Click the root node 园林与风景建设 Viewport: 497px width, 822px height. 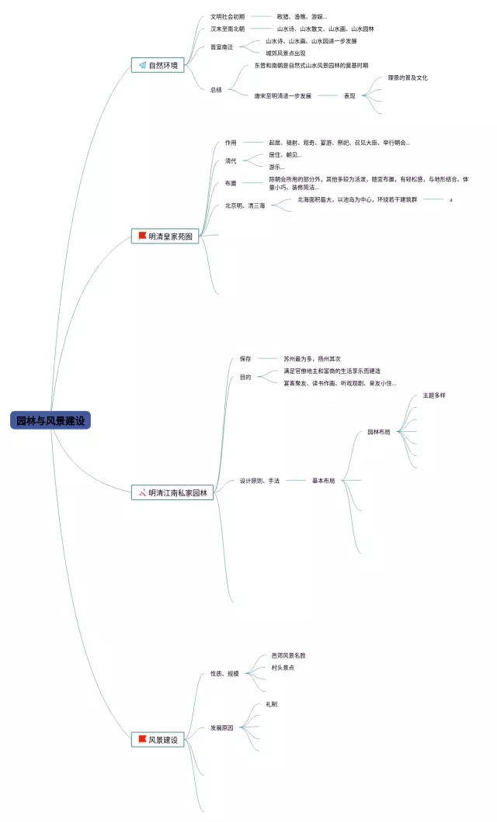click(x=50, y=420)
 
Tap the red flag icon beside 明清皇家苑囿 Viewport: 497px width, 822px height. click(x=142, y=236)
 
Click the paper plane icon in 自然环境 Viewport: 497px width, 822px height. click(x=142, y=66)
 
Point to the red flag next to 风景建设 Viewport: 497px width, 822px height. click(x=142, y=740)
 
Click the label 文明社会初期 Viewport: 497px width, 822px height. click(x=228, y=16)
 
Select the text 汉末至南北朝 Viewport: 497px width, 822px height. click(x=228, y=29)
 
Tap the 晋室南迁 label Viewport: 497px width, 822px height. click(x=221, y=47)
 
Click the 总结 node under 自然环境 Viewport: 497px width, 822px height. click(x=216, y=90)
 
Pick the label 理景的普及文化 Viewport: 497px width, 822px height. click(x=408, y=78)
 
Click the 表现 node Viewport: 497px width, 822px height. click(x=349, y=96)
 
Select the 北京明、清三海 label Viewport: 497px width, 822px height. click(x=245, y=205)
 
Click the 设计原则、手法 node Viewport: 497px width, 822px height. click(x=259, y=481)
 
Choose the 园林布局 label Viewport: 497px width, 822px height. click(x=379, y=432)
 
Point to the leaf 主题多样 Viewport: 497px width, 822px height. click(x=434, y=395)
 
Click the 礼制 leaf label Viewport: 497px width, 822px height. click(x=271, y=704)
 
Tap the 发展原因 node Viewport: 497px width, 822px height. click(x=222, y=728)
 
